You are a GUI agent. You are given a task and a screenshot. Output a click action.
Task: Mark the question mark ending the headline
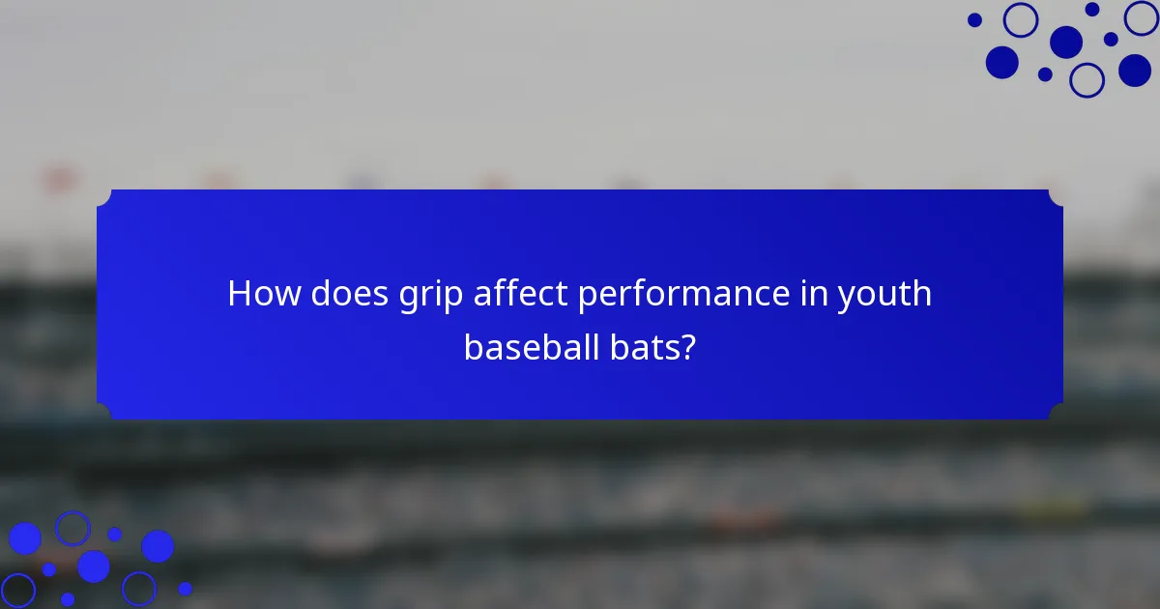pyautogui.click(x=686, y=347)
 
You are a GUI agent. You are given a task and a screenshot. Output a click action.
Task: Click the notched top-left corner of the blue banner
pyautogui.click(x=104, y=197)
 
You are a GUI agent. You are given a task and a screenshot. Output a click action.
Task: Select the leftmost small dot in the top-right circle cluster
pyautogui.click(x=974, y=19)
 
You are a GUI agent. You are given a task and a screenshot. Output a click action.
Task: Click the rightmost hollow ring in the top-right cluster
pyautogui.click(x=1142, y=17)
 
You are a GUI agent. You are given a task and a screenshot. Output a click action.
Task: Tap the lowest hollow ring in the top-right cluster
pyautogui.click(x=1087, y=80)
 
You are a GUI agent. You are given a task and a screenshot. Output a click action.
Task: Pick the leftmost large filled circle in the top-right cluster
pyautogui.click(x=1002, y=63)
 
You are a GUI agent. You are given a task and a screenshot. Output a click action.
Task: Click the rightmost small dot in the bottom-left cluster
pyautogui.click(x=186, y=588)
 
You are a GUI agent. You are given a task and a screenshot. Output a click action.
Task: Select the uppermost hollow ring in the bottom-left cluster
pyautogui.click(x=72, y=528)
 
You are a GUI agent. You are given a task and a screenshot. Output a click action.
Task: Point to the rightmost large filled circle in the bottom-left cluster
pyautogui.click(x=158, y=546)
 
